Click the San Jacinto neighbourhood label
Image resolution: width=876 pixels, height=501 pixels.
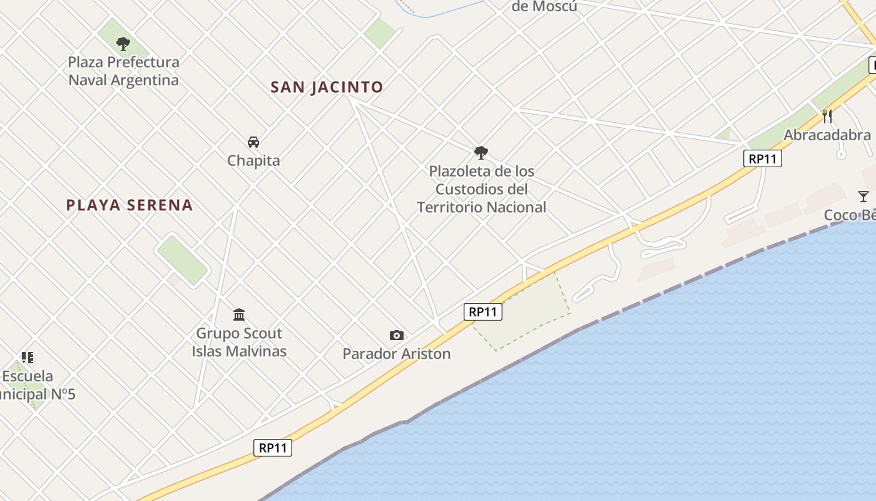point(327,87)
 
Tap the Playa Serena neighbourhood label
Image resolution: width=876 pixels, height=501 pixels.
point(130,205)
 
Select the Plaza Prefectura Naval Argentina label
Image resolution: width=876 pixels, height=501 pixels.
point(123,71)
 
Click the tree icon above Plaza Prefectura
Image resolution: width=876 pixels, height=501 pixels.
point(123,44)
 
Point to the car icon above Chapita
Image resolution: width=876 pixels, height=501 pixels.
point(253,142)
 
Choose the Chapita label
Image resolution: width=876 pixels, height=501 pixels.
point(253,161)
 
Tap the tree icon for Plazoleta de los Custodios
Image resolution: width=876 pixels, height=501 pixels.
point(481,152)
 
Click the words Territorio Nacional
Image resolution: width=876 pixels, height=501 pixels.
point(481,207)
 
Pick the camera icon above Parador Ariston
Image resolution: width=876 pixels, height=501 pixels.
point(396,336)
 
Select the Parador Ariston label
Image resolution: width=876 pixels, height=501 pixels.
point(396,354)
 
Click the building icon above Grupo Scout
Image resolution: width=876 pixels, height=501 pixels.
point(239,314)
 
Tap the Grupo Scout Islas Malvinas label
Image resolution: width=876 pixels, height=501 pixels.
point(239,342)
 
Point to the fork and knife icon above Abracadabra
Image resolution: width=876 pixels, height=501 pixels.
point(827,116)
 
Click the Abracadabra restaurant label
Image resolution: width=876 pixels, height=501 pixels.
point(827,135)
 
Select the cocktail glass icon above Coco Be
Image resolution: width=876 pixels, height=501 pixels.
point(863,197)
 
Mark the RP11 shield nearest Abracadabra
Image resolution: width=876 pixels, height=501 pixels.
point(763,158)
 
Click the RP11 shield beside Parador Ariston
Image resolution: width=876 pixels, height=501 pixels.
point(483,311)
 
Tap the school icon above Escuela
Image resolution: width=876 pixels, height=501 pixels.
point(27,358)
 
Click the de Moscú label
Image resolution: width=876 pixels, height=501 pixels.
point(544,7)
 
